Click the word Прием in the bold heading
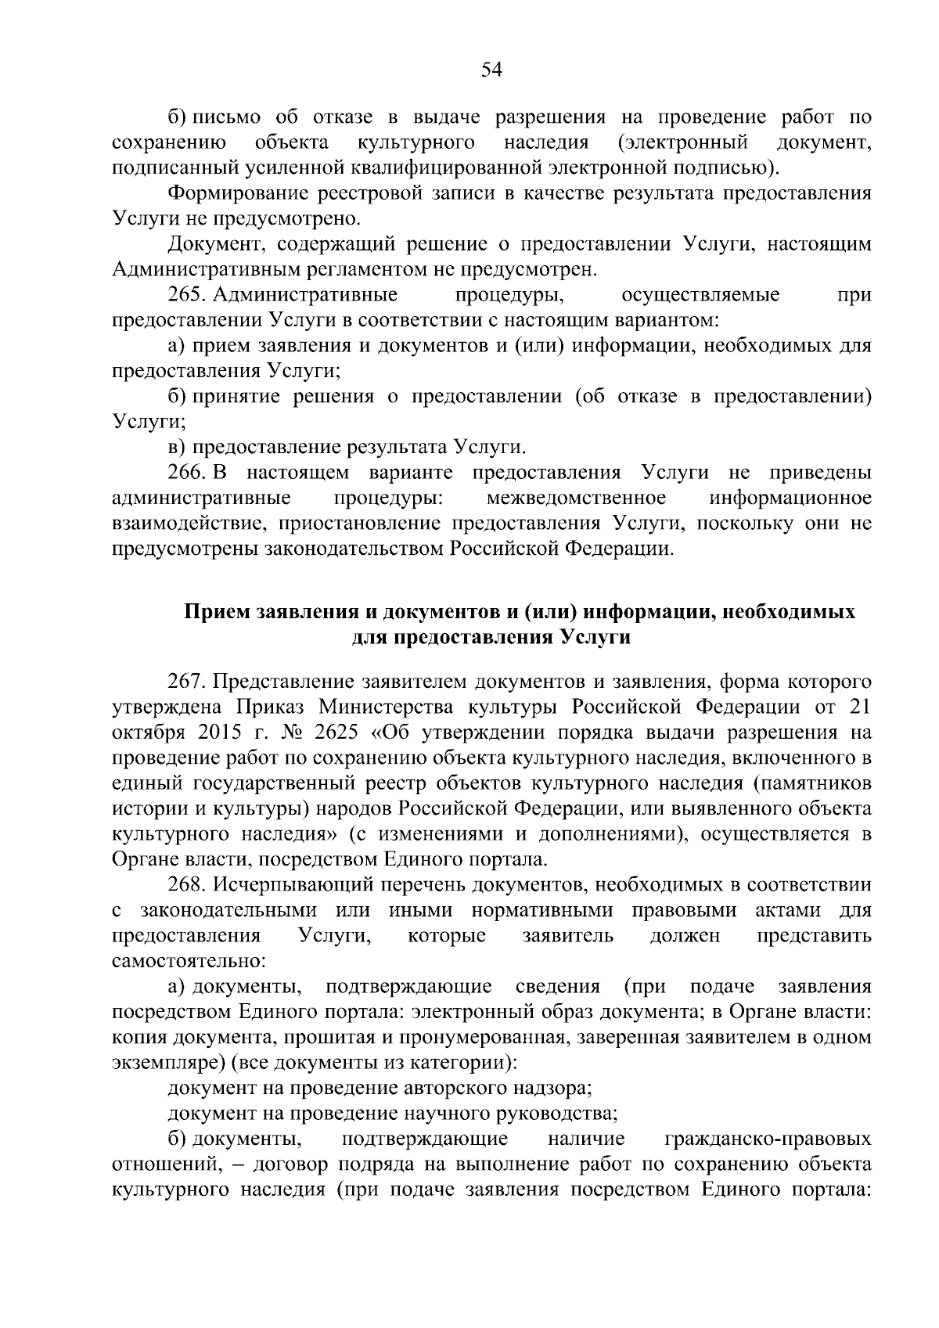tap(218, 611)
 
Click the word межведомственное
tap(576, 498)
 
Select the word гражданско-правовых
tap(768, 1139)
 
